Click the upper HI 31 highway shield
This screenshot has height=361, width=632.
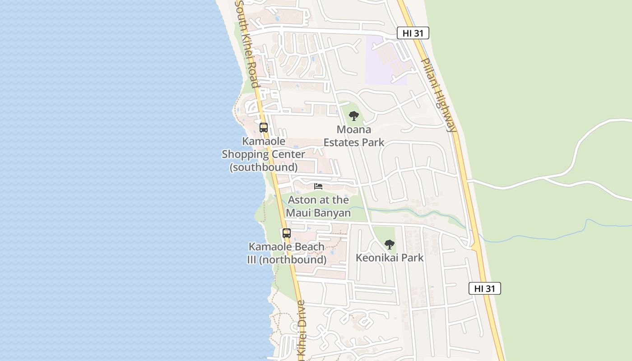click(413, 32)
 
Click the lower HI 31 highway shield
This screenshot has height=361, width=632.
click(484, 288)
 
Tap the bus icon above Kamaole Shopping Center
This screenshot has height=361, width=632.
click(264, 128)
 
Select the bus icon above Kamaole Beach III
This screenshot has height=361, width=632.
click(287, 233)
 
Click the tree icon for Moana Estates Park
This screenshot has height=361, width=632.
click(354, 116)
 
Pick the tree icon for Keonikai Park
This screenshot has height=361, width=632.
click(389, 245)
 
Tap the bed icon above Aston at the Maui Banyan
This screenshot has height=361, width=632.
click(318, 186)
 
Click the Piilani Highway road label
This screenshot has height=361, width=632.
click(438, 95)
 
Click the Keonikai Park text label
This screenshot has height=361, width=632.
click(390, 258)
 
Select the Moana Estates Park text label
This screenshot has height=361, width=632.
click(354, 136)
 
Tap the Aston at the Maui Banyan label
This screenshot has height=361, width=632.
click(318, 206)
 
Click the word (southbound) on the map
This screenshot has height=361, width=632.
click(264, 167)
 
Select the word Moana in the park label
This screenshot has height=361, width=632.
click(354, 130)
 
